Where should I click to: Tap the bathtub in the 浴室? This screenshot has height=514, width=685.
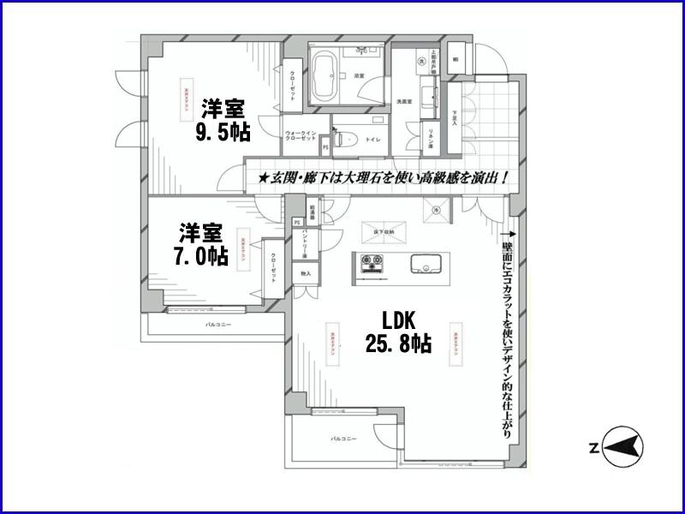pyautogui.click(x=325, y=76)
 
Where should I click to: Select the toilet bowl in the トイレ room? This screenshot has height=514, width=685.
pyautogui.click(x=345, y=140)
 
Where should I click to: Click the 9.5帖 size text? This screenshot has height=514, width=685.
pyautogui.click(x=223, y=134)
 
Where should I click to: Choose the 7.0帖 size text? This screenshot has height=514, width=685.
pyautogui.click(x=202, y=255)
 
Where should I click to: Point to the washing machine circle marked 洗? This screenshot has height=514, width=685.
pyautogui.click(x=421, y=63)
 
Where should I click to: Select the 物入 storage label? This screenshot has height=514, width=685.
pyautogui.click(x=305, y=273)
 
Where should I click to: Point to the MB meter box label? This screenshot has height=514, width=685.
pyautogui.click(x=455, y=59)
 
